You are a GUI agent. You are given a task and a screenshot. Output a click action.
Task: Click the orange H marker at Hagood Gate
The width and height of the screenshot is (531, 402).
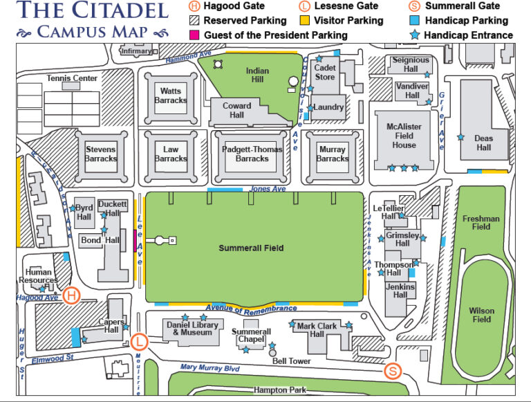pos(71,296)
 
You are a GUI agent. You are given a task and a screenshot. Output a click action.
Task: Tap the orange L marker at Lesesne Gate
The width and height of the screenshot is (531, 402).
pos(140,341)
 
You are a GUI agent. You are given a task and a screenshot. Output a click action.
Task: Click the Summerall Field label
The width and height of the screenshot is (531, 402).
pos(252,248)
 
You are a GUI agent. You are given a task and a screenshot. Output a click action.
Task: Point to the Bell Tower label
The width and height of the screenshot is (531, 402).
pos(292,361)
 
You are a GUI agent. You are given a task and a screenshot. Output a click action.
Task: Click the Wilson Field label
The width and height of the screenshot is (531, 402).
pos(482,315)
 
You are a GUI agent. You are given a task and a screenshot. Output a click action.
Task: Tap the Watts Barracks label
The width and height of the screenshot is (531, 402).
pos(171,95)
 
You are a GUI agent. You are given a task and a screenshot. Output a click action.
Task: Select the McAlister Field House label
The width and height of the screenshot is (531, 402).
pos(404,136)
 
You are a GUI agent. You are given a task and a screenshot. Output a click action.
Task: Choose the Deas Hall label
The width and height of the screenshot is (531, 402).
pos(483,143)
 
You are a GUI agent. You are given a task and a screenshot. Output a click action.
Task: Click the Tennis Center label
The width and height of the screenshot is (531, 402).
pos(72,78)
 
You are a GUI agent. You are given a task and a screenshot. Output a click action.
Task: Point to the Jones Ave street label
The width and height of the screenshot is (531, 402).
pos(268,189)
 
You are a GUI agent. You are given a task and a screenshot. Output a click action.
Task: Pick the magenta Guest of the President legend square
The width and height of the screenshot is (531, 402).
pos(193,35)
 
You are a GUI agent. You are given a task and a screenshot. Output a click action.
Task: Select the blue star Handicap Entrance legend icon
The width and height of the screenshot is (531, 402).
pos(414,35)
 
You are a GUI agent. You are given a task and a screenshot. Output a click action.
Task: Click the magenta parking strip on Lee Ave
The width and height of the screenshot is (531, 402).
pos(136,241)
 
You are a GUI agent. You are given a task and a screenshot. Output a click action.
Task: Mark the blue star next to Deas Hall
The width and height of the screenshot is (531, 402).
pos(460,137)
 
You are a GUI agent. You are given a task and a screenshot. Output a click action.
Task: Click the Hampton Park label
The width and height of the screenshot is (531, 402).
pos(279,390)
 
